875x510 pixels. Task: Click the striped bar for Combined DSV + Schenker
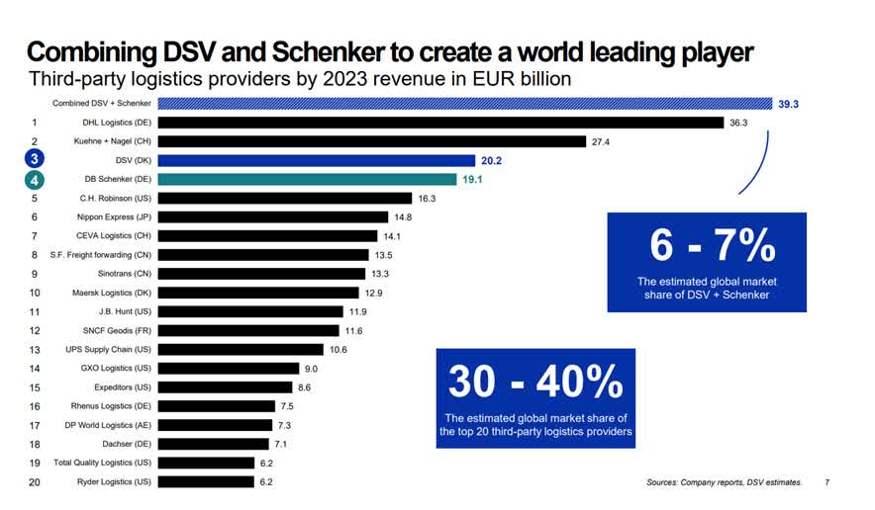[x=465, y=103]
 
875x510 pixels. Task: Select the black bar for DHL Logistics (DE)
[x=440, y=123]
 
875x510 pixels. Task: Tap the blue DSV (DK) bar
[x=317, y=160]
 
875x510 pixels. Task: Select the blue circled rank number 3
[x=35, y=160]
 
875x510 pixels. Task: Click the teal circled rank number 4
[x=35, y=179]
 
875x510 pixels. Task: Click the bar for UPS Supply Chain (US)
[x=241, y=349]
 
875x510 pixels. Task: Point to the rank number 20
[x=35, y=481]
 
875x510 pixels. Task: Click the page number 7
[x=827, y=483]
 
